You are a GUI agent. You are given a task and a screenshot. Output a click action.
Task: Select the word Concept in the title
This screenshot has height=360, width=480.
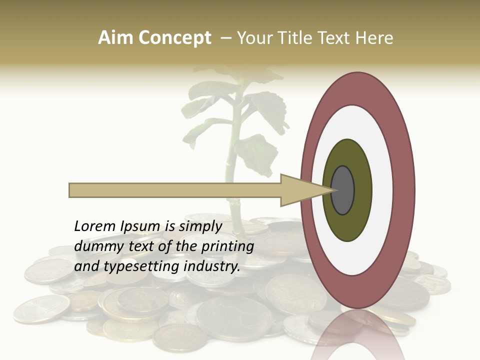(174, 38)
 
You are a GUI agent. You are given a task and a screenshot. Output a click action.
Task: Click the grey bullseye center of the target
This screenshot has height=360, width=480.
(342, 190)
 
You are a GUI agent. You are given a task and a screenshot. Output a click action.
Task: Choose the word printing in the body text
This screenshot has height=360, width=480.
(228, 246)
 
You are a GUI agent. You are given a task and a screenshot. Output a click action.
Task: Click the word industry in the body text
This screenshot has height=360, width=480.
(212, 266)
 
